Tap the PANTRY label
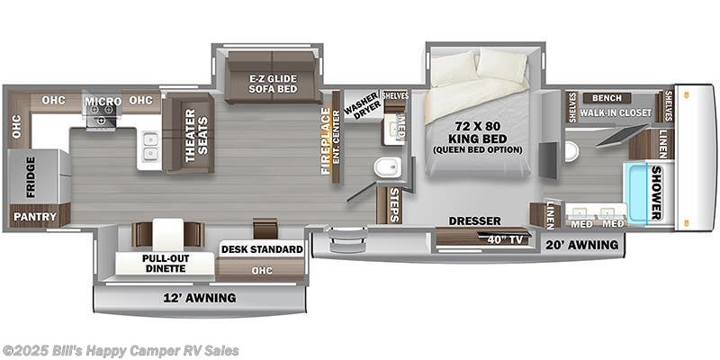40,217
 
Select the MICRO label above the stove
103,101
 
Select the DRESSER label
473,220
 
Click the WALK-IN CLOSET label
616,112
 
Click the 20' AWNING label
581,245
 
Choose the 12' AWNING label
200,298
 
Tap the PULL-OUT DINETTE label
165,262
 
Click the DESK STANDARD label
262,249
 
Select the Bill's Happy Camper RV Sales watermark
121,350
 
